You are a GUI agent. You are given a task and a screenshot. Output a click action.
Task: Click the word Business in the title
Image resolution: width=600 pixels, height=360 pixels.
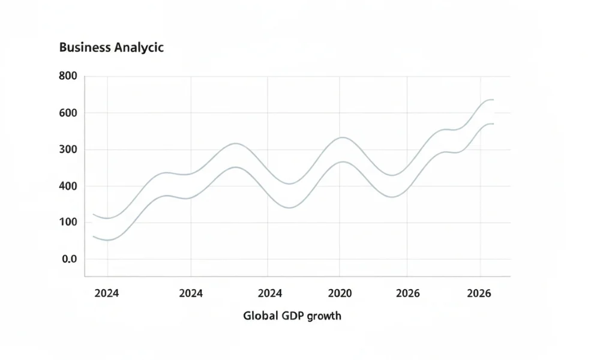pyautogui.click(x=85, y=48)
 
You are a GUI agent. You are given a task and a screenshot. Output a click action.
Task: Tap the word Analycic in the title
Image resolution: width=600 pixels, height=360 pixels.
pyautogui.click(x=139, y=48)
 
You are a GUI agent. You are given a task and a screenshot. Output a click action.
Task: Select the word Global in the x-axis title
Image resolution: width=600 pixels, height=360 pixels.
pyautogui.click(x=260, y=315)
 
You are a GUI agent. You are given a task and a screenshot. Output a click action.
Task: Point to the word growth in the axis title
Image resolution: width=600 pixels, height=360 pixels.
pyautogui.click(x=324, y=316)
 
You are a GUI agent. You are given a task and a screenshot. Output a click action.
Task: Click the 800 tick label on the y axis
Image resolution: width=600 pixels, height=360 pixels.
pyautogui.click(x=68, y=76)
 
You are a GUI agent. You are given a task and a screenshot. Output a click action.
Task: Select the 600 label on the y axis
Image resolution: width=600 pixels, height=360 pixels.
pyautogui.click(x=68, y=113)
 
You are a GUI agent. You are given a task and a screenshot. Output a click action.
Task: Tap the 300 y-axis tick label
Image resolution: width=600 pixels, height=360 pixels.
pyautogui.click(x=68, y=149)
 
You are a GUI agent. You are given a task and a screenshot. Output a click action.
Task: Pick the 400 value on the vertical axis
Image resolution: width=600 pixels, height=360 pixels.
pyautogui.click(x=68, y=186)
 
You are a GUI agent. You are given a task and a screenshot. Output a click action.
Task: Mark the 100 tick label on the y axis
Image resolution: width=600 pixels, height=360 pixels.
pyautogui.click(x=68, y=223)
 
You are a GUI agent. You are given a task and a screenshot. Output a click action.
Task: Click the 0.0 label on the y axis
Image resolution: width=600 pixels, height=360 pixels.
pyautogui.click(x=70, y=259)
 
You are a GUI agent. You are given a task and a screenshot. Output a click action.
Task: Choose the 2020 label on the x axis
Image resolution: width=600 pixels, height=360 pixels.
pyautogui.click(x=339, y=293)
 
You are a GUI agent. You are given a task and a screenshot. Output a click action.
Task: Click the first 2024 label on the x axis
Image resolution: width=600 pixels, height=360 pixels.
pyautogui.click(x=107, y=293)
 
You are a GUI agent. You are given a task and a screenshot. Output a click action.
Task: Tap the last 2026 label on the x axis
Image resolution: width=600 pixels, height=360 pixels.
pyautogui.click(x=479, y=293)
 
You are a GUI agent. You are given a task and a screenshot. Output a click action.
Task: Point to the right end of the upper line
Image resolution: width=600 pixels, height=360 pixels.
pyautogui.click(x=493, y=100)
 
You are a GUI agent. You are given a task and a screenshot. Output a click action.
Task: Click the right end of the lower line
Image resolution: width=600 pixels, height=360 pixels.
pyautogui.click(x=493, y=124)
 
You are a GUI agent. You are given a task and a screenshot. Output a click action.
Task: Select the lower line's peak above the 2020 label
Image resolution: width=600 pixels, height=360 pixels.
pyautogui.click(x=341, y=161)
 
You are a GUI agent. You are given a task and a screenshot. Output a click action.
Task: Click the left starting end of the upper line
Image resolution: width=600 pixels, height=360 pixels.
pyautogui.click(x=93, y=214)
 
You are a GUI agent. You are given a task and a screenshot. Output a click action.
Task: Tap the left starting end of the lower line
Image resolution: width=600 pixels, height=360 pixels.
pyautogui.click(x=93, y=236)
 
